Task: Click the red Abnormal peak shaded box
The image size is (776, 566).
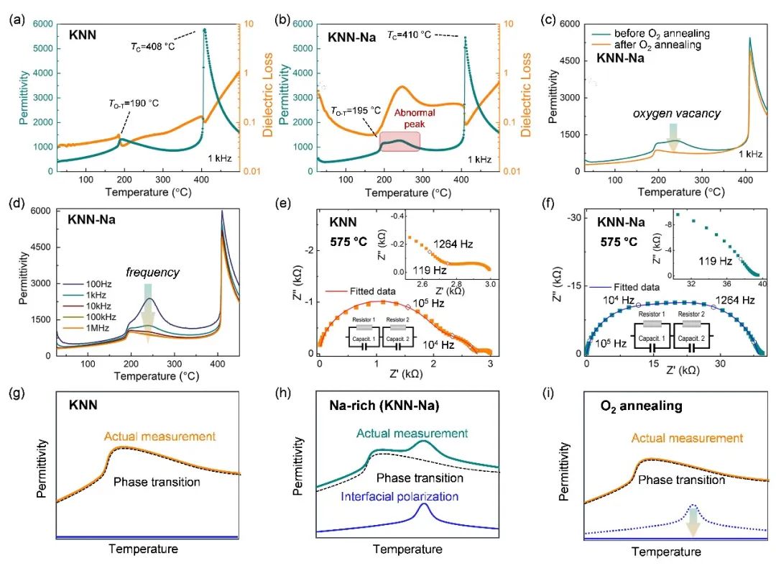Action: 400,142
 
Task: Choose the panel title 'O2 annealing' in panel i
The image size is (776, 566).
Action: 632,406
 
